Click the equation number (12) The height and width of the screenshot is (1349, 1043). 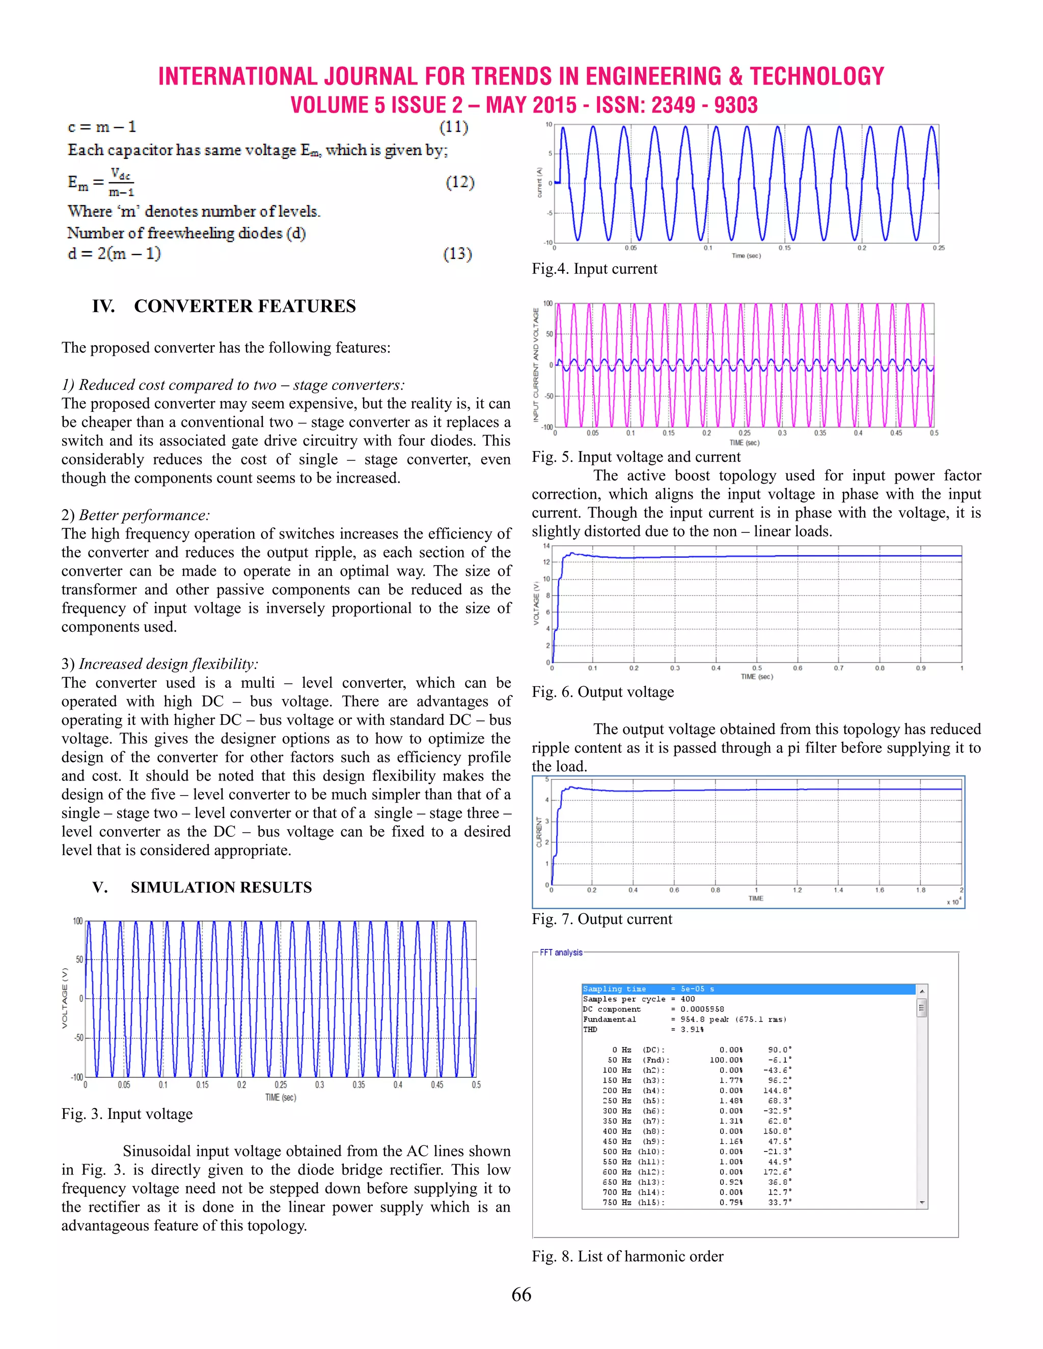(460, 182)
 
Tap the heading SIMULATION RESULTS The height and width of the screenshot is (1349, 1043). (221, 888)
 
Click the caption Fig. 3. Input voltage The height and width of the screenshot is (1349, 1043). (127, 1114)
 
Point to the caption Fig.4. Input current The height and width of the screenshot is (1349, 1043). (594, 269)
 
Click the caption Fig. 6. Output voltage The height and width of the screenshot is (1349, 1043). (602, 692)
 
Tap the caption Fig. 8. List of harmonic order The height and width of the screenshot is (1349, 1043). (627, 1256)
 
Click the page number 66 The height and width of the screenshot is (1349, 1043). (521, 1294)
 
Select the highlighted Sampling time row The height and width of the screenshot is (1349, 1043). (748, 989)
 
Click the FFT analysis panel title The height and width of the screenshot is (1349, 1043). (561, 952)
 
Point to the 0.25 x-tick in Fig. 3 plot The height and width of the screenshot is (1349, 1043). (281, 1085)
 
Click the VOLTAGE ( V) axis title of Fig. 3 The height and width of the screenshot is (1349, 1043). (64, 998)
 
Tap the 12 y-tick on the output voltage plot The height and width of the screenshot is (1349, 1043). (546, 562)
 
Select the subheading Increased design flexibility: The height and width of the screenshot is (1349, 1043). (168, 664)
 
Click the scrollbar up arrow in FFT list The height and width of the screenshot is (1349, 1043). (922, 991)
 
